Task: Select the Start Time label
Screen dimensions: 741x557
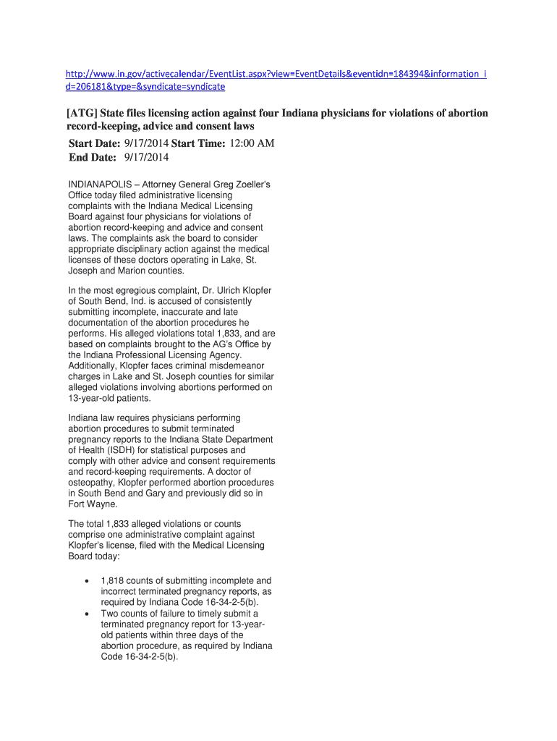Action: (199, 143)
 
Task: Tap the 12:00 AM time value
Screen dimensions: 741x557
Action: (252, 143)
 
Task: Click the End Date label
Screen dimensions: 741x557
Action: (92, 157)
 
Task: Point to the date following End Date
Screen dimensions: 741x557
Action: (146, 157)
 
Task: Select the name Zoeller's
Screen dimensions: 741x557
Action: (248, 185)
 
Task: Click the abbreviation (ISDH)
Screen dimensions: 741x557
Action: (121, 450)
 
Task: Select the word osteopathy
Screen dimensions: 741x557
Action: (94, 483)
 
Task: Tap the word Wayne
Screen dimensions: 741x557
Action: (101, 504)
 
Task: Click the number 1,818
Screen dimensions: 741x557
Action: (113, 580)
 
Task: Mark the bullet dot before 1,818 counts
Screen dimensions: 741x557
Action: (87, 581)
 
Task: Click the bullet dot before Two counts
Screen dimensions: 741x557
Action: (87, 614)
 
